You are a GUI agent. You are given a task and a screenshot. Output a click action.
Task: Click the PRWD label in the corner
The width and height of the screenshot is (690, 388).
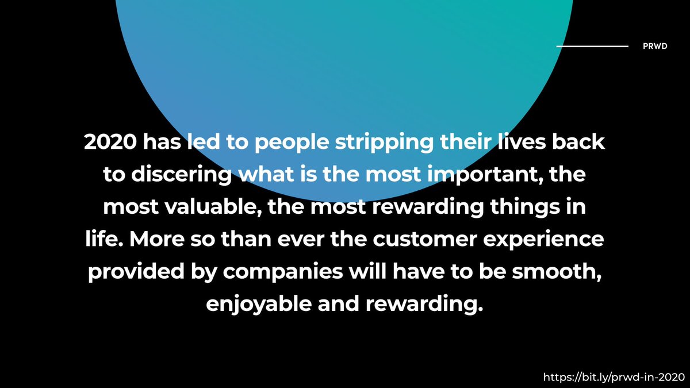tap(655, 47)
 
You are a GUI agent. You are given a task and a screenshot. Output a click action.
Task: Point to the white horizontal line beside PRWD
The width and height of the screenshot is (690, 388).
tap(592, 46)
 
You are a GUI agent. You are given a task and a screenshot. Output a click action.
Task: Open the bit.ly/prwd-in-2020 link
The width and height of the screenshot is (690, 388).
tap(614, 377)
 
